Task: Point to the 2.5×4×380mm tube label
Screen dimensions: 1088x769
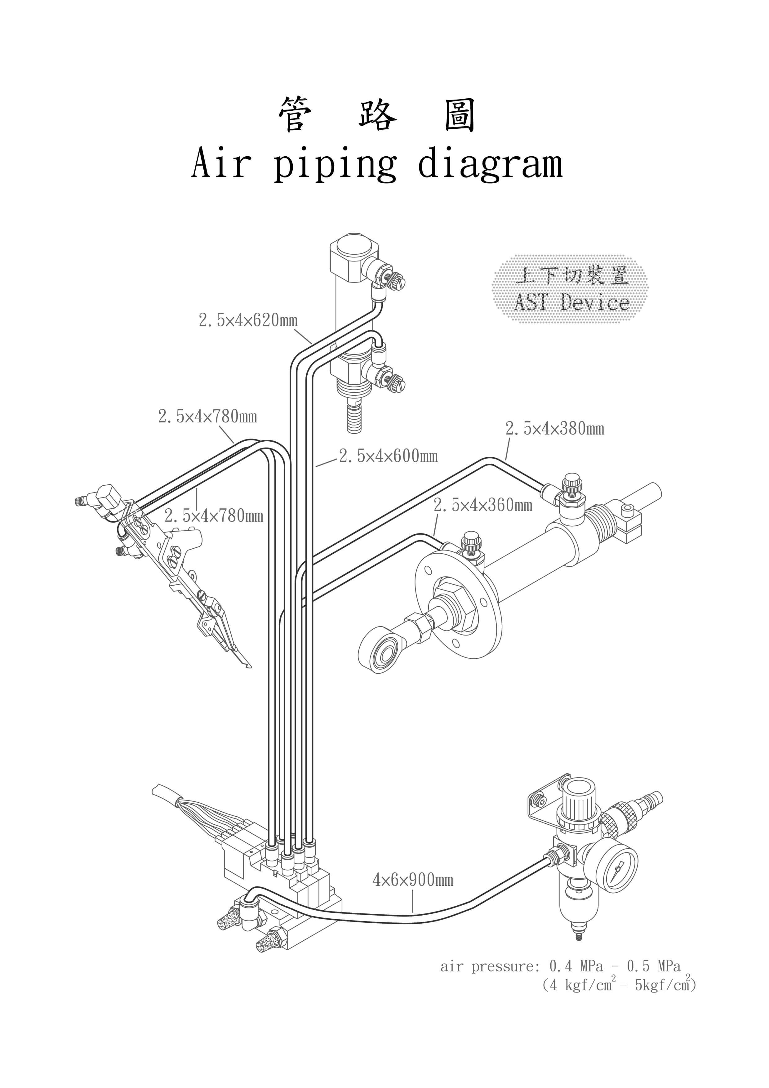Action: click(555, 429)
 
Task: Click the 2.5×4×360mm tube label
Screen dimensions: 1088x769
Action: click(483, 506)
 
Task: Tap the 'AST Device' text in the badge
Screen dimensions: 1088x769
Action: click(572, 302)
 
